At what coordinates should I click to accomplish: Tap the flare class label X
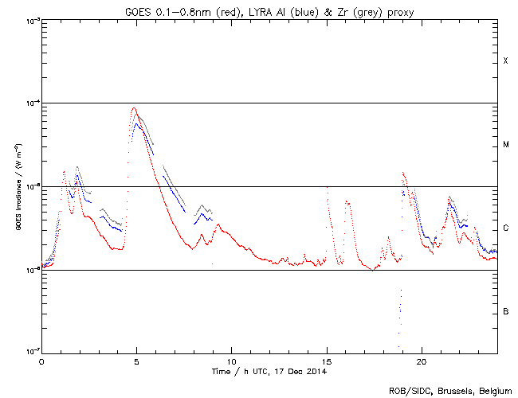point(506,61)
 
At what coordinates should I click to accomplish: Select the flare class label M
point(506,145)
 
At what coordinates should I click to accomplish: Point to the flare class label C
point(506,228)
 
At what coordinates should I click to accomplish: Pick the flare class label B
point(506,311)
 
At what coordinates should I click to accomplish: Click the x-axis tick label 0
point(41,361)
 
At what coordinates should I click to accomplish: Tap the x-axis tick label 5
point(136,361)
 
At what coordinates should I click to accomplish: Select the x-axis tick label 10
point(231,361)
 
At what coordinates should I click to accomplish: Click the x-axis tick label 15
point(327,361)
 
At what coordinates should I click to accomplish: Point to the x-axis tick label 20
point(422,361)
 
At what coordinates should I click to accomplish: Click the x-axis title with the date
point(269,371)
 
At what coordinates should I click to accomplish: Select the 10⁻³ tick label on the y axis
point(30,20)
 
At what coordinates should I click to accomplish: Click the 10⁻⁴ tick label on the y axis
point(30,103)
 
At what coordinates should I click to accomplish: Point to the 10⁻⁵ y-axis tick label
point(30,186)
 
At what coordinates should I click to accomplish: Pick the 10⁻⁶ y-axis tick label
point(30,270)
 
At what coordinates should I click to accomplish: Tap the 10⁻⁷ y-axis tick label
point(30,352)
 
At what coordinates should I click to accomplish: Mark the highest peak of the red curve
point(134,108)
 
